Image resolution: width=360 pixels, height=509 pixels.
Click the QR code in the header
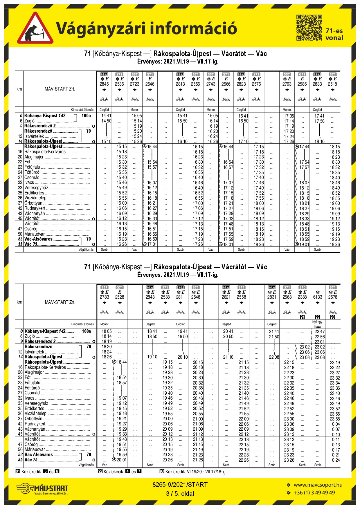(x=309, y=28)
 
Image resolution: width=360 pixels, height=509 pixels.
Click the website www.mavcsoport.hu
(x=318, y=485)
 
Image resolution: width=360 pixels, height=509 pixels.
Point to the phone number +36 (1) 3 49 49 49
(x=314, y=492)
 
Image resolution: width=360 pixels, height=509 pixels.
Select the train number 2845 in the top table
(x=104, y=84)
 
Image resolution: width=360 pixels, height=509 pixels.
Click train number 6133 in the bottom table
(x=318, y=297)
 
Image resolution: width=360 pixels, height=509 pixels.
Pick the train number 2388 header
(x=302, y=297)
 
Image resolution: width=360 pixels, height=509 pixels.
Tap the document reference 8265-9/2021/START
(x=180, y=484)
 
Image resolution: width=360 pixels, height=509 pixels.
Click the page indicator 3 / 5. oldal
(x=180, y=493)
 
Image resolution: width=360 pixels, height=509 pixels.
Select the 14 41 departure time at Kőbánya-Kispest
(x=106, y=116)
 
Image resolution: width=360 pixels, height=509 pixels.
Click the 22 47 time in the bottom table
(x=320, y=331)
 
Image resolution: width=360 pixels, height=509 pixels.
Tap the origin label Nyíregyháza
(x=318, y=324)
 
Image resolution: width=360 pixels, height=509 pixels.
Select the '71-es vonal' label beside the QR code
(x=334, y=34)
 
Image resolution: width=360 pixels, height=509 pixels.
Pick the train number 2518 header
(x=333, y=84)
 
